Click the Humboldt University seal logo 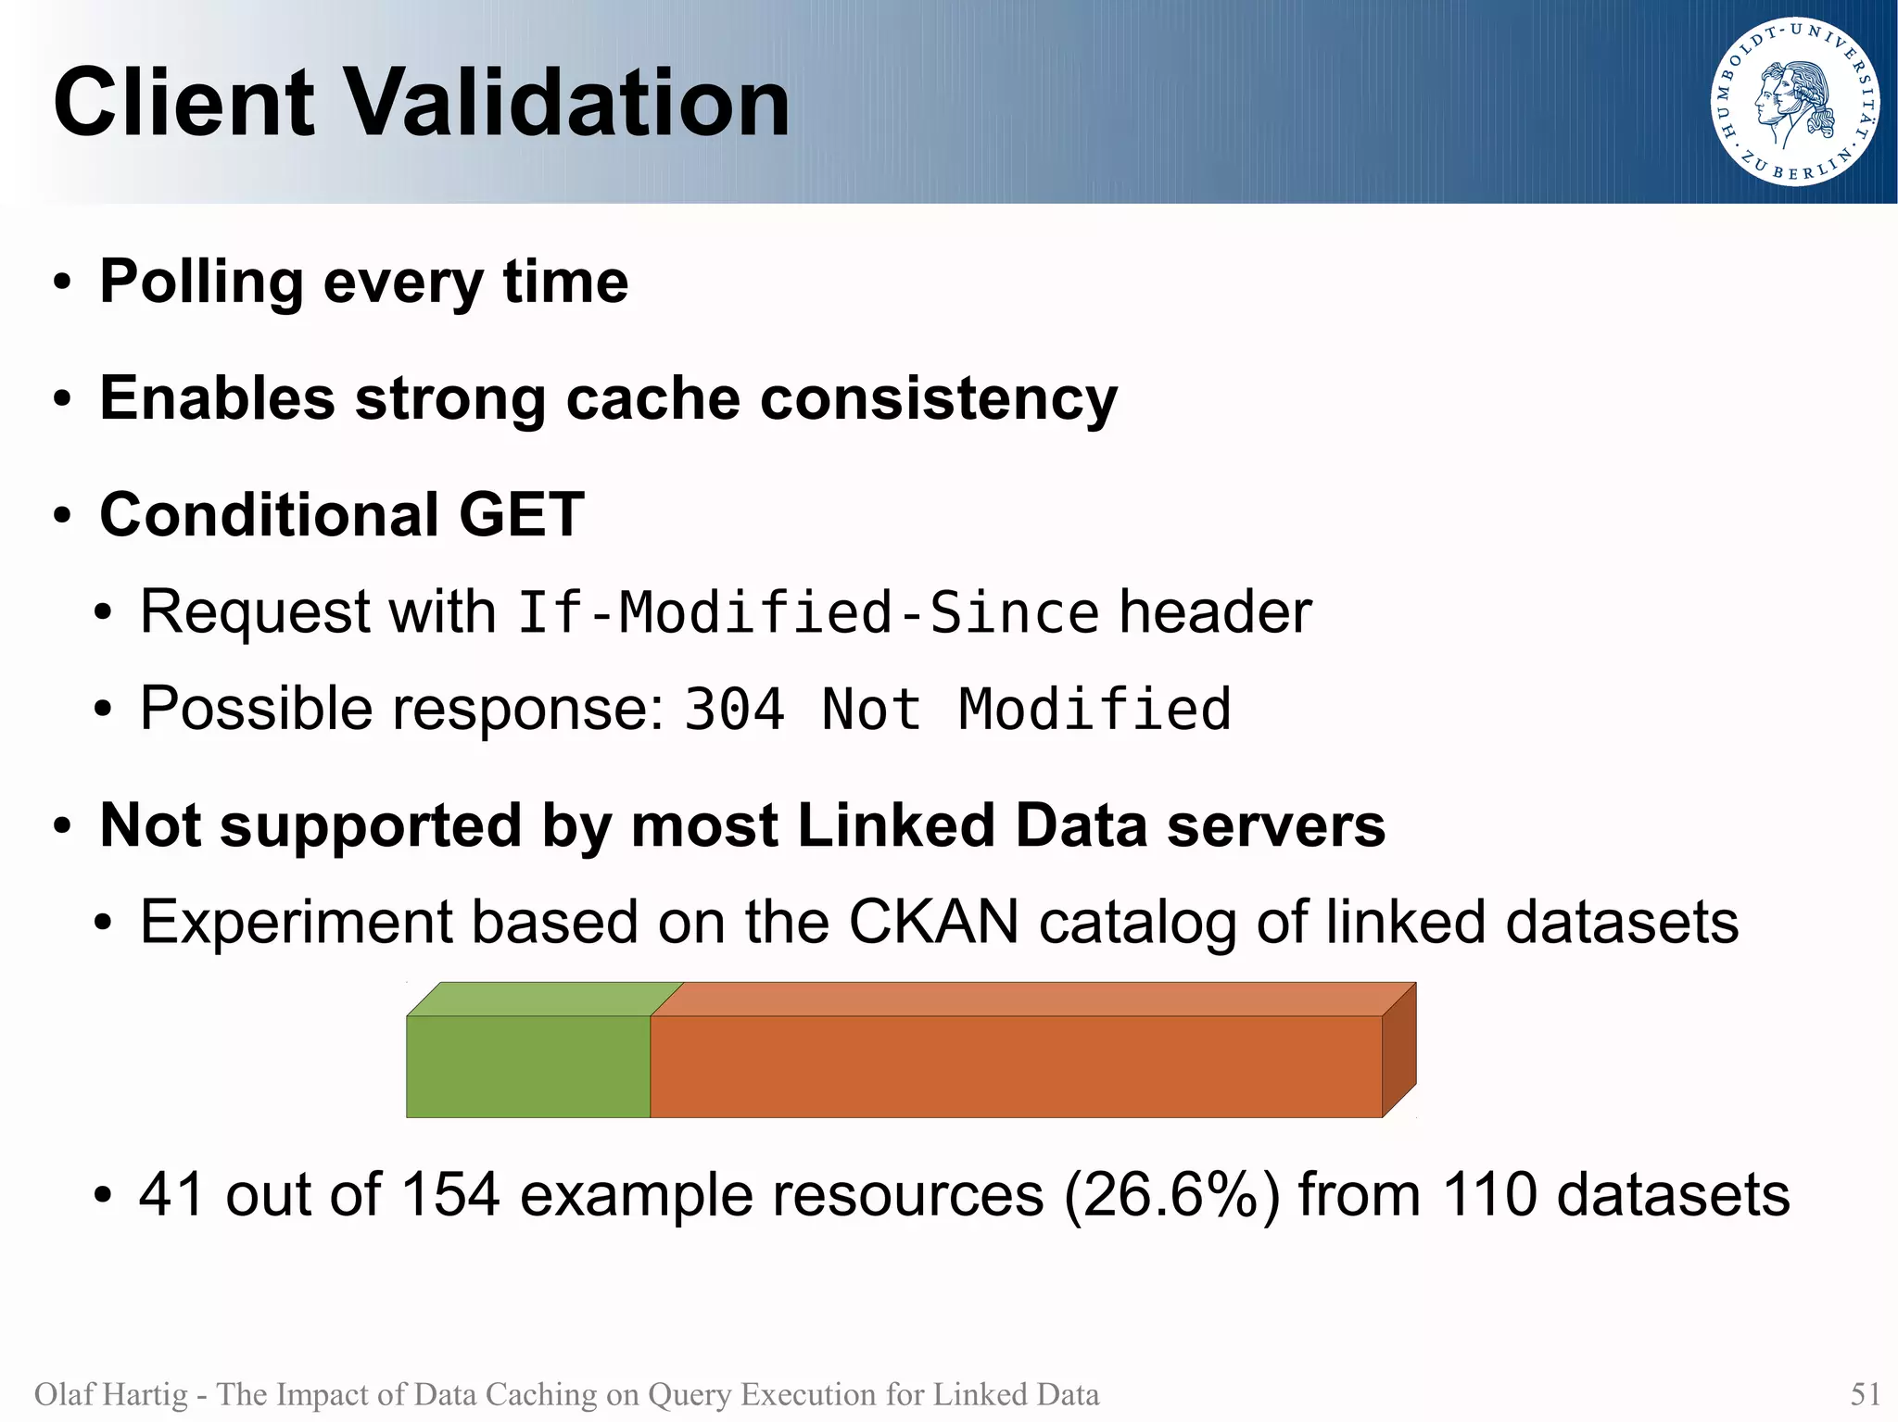pos(1794,102)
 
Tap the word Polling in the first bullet pos(201,282)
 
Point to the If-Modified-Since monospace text pos(807,613)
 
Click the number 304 pos(734,710)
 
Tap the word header pos(1215,612)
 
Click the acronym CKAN pos(933,922)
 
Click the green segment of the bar pos(528,1065)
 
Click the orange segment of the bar pos(1016,1065)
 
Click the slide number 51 pos(1865,1394)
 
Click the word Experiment pos(296,924)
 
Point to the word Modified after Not pos(1095,710)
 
